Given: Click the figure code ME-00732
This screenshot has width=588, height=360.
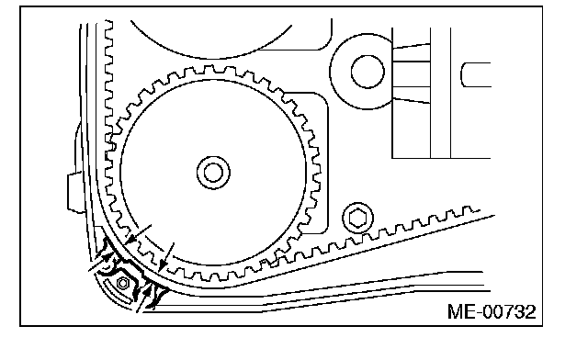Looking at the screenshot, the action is [492, 311].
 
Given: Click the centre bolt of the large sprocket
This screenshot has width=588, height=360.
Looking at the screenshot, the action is [213, 173].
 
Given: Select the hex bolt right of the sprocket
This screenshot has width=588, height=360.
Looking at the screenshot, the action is [357, 218].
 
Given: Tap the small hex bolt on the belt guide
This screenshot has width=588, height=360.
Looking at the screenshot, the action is [123, 283].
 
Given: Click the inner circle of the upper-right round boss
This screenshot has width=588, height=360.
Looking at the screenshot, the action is [367, 72].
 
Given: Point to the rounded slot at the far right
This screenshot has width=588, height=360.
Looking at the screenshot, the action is [476, 74].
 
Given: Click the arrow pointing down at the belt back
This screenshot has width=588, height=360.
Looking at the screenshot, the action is [167, 257].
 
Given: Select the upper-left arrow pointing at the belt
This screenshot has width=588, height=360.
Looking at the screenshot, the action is [138, 235].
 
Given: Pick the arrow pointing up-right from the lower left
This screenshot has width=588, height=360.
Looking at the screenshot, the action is [101, 262].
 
